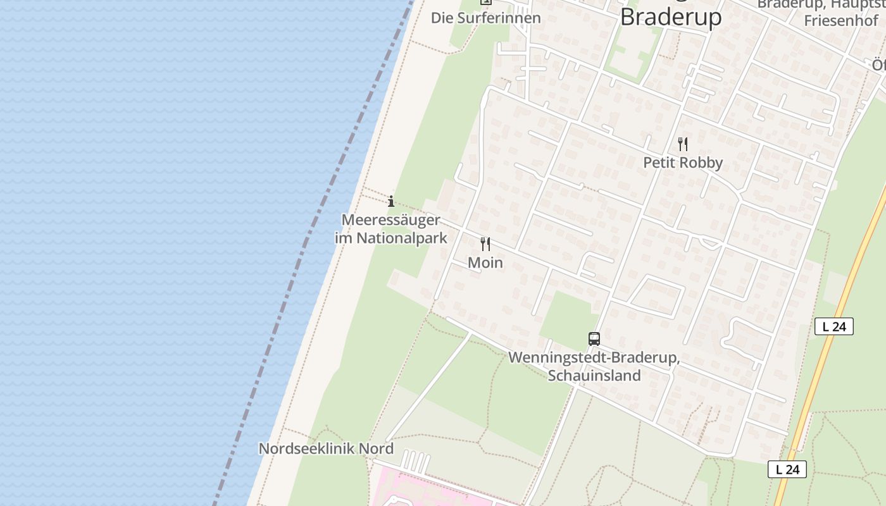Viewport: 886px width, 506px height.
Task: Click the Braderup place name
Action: [670, 16]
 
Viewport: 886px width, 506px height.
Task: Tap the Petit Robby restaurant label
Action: [683, 163]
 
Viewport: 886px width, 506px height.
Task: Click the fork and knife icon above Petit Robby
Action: [682, 144]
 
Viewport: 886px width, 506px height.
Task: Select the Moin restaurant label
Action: [485, 262]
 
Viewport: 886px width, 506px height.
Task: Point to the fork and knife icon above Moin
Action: [485, 244]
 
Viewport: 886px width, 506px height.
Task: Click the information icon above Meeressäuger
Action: [391, 201]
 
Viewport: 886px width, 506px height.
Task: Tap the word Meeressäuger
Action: [390, 219]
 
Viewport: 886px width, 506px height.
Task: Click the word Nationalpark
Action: [402, 238]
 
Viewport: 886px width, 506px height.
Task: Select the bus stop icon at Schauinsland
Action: [594, 339]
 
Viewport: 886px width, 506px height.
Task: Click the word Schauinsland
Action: [594, 376]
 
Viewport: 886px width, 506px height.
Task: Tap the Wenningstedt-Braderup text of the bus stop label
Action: [594, 357]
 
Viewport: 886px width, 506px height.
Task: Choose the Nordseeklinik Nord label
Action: [326, 448]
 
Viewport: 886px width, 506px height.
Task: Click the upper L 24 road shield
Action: [834, 326]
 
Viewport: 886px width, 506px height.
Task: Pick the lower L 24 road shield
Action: [787, 469]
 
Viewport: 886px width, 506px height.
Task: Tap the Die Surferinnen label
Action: [486, 18]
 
